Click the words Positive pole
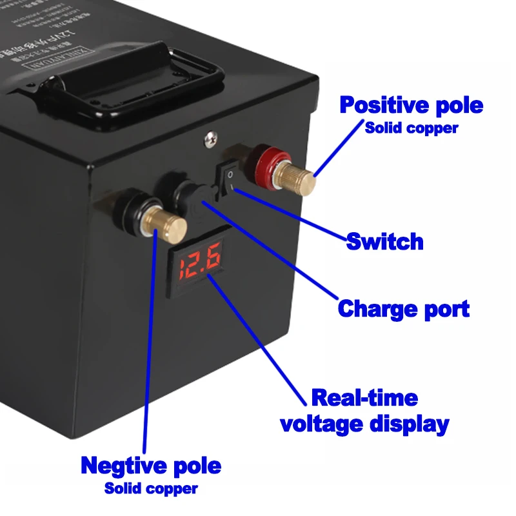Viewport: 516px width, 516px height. (x=411, y=104)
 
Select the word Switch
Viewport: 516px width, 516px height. (x=385, y=242)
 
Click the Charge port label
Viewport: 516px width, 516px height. (x=403, y=308)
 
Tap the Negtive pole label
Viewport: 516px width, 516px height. (x=151, y=465)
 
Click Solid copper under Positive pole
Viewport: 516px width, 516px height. (x=412, y=128)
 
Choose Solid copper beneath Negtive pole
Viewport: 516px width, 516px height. (x=151, y=488)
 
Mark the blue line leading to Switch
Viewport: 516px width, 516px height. (x=290, y=216)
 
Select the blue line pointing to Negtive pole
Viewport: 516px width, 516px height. (x=150, y=342)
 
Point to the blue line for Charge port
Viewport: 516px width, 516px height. (x=271, y=252)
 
